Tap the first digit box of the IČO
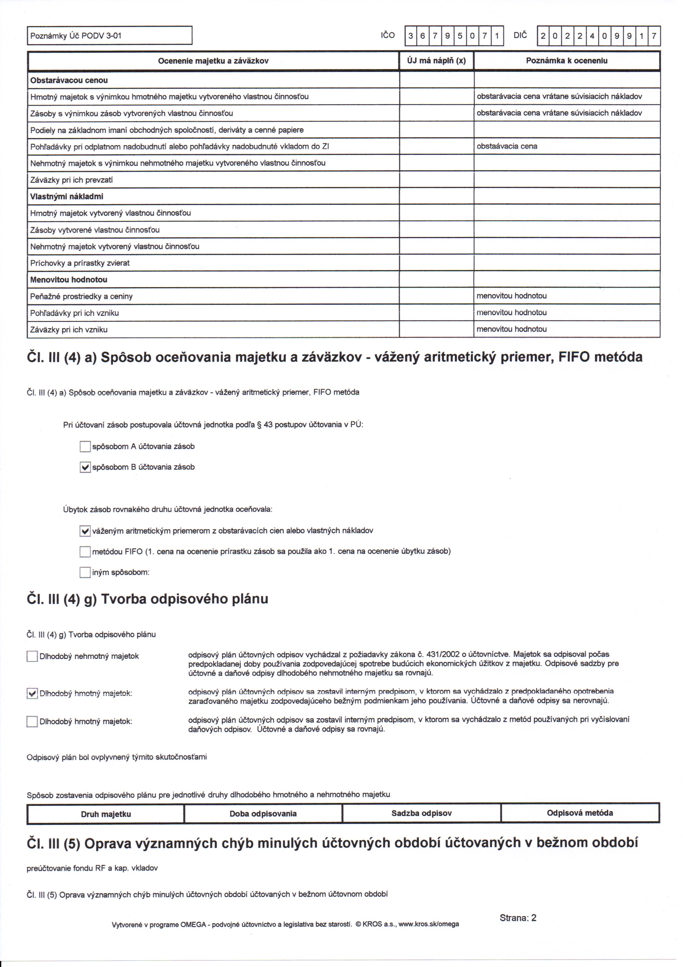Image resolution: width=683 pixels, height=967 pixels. coord(410,36)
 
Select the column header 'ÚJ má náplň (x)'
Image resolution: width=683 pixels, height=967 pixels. coord(436,61)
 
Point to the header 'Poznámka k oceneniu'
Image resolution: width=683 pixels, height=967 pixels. coord(567,61)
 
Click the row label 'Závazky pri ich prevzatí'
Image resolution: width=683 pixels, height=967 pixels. coord(72,180)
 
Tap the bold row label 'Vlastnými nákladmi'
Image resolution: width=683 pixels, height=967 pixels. coord(67,196)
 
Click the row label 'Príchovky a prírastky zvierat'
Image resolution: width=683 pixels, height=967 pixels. coord(80,263)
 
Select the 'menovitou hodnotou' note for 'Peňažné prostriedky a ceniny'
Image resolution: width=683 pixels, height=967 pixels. coord(512,296)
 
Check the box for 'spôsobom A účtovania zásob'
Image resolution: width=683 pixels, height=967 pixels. coord(85,446)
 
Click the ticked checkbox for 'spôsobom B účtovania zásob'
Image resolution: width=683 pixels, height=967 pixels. coord(85,467)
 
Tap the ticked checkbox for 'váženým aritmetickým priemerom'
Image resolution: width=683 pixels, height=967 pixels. coord(85,531)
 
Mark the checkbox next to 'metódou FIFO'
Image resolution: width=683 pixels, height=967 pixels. coord(85,552)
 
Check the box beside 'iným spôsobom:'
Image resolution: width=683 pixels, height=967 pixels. coord(85,572)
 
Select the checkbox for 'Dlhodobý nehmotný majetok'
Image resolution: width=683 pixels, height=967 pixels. coord(32,656)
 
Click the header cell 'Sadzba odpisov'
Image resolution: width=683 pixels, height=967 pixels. coord(421,813)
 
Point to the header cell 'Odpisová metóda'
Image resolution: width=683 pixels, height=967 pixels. coord(579,813)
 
